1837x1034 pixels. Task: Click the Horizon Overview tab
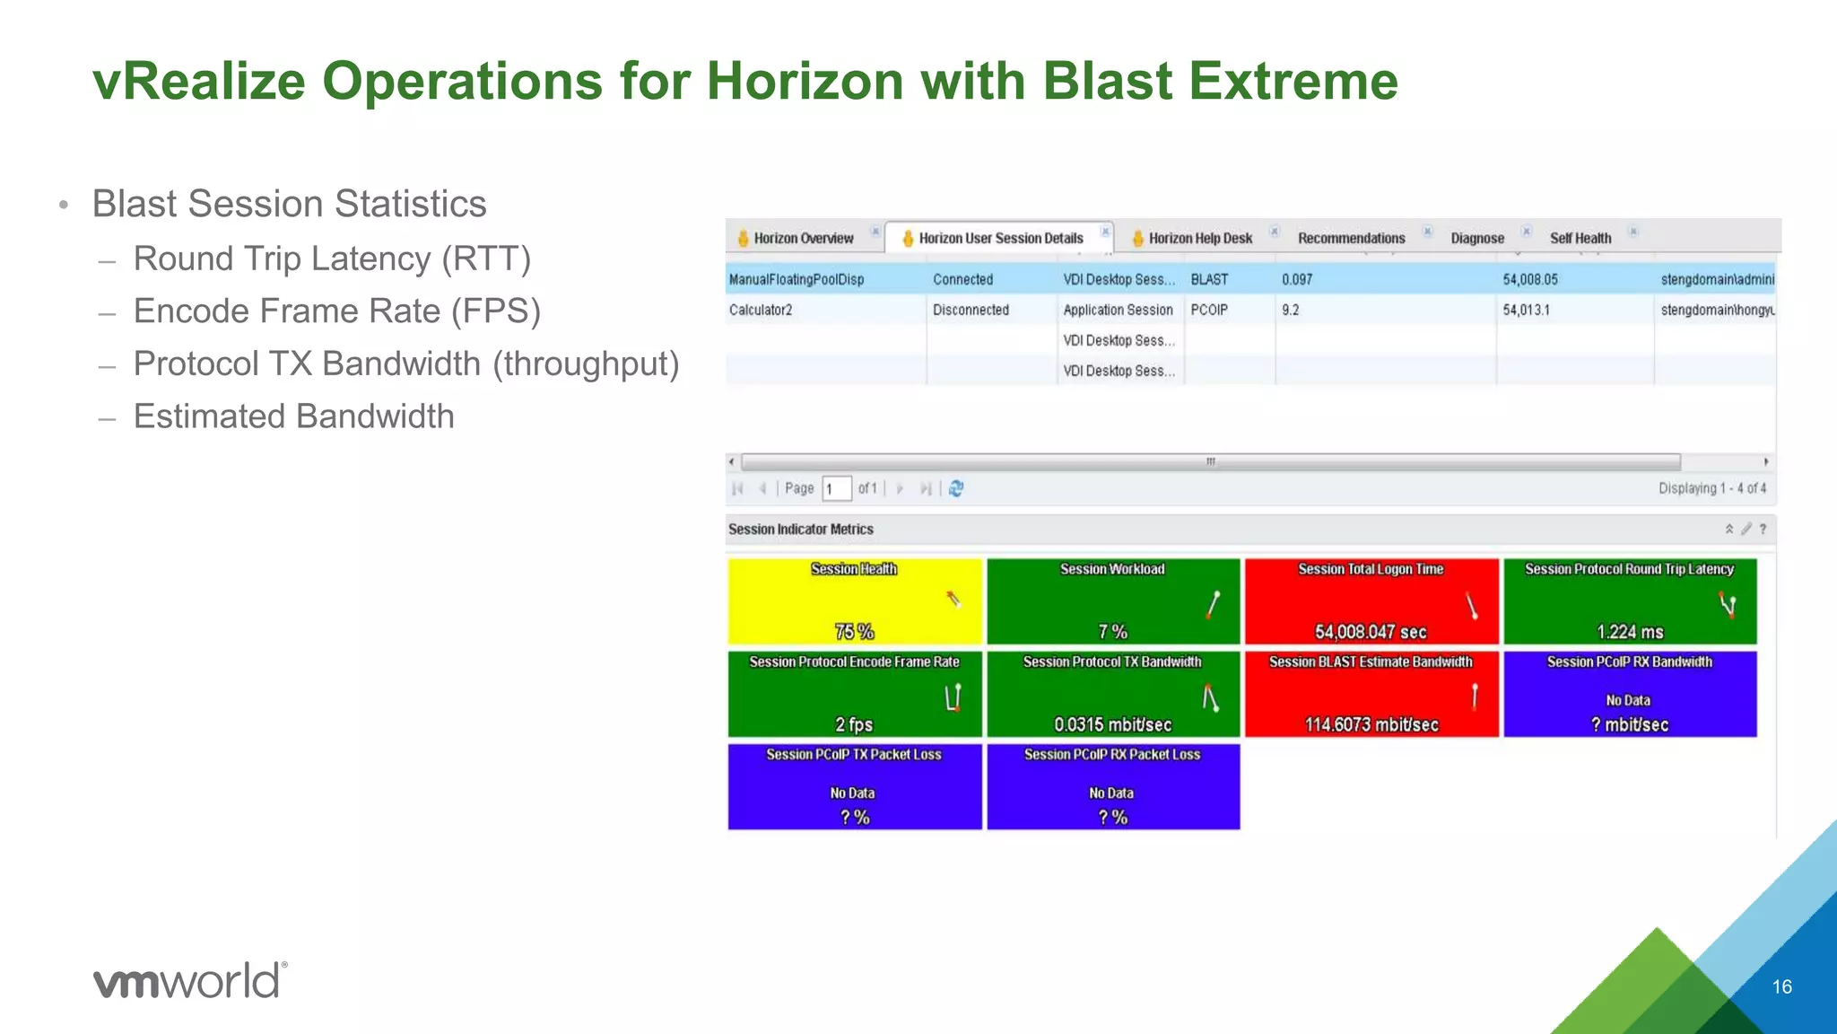803,238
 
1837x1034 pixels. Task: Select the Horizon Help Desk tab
1199,238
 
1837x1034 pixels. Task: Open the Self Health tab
1580,238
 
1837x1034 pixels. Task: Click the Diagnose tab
1476,238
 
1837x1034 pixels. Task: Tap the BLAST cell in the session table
1209,279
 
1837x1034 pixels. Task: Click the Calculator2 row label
761,310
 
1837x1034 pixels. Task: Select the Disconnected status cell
971,310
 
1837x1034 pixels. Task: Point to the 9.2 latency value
1290,310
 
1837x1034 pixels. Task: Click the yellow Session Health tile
854,600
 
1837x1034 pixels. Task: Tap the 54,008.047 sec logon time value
1371,632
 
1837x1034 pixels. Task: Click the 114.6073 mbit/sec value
1371,724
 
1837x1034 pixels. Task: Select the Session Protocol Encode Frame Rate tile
854,693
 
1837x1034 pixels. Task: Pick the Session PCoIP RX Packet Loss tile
1112,786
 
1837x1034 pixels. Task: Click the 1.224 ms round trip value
1630,632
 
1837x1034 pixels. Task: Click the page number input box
836,488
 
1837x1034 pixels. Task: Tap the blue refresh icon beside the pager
956,488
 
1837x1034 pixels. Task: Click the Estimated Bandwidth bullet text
293,416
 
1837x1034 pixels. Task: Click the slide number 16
1781,986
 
